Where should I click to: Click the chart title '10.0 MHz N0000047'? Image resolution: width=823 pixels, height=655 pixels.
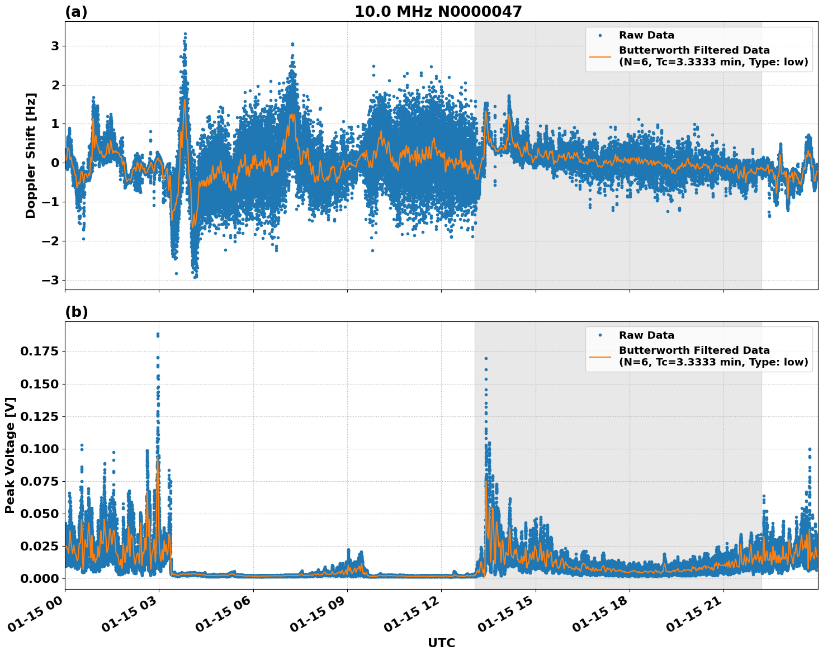click(x=438, y=12)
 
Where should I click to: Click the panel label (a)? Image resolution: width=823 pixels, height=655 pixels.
click(x=76, y=12)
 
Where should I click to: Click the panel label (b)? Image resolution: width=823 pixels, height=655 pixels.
click(x=76, y=312)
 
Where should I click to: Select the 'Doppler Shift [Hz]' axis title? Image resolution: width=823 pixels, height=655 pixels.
click(x=31, y=155)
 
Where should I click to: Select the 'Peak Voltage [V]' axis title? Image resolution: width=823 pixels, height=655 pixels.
click(x=10, y=455)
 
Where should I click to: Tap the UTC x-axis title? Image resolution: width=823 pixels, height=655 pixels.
click(x=441, y=643)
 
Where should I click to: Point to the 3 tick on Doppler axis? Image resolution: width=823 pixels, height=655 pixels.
click(x=55, y=46)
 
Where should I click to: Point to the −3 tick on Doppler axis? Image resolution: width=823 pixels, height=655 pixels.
click(x=51, y=280)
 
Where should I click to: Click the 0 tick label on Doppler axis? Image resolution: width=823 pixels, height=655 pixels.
click(x=55, y=163)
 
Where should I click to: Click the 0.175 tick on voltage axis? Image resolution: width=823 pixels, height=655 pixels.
click(x=40, y=352)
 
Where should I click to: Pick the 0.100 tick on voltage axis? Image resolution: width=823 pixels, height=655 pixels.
click(x=40, y=449)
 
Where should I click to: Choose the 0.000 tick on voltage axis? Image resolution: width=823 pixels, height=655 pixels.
click(x=40, y=578)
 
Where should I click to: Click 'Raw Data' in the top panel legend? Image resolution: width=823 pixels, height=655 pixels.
click(x=646, y=35)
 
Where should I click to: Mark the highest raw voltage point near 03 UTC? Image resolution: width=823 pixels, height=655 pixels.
click(x=158, y=334)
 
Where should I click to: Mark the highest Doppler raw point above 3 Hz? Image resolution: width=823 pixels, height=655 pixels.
click(x=185, y=34)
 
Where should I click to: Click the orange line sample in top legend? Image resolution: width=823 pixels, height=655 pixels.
click(x=600, y=56)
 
